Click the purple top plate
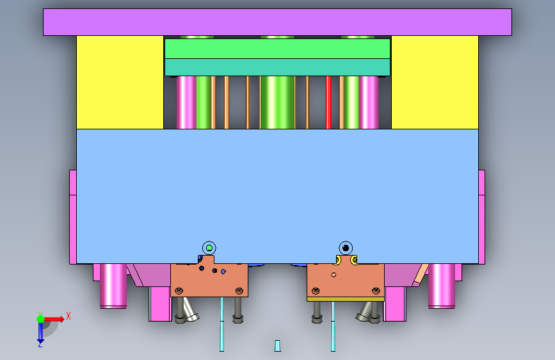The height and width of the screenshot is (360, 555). (277, 22)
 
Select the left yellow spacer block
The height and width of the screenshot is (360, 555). (120, 82)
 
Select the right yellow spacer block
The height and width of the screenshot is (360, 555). (435, 82)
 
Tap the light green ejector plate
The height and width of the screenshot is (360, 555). (277, 49)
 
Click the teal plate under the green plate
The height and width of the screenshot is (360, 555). (277, 67)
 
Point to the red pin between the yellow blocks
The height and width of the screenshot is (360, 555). (328, 102)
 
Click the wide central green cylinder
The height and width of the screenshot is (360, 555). (277, 102)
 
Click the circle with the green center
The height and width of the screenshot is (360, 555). (209, 248)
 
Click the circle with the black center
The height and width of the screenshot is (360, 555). (346, 248)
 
